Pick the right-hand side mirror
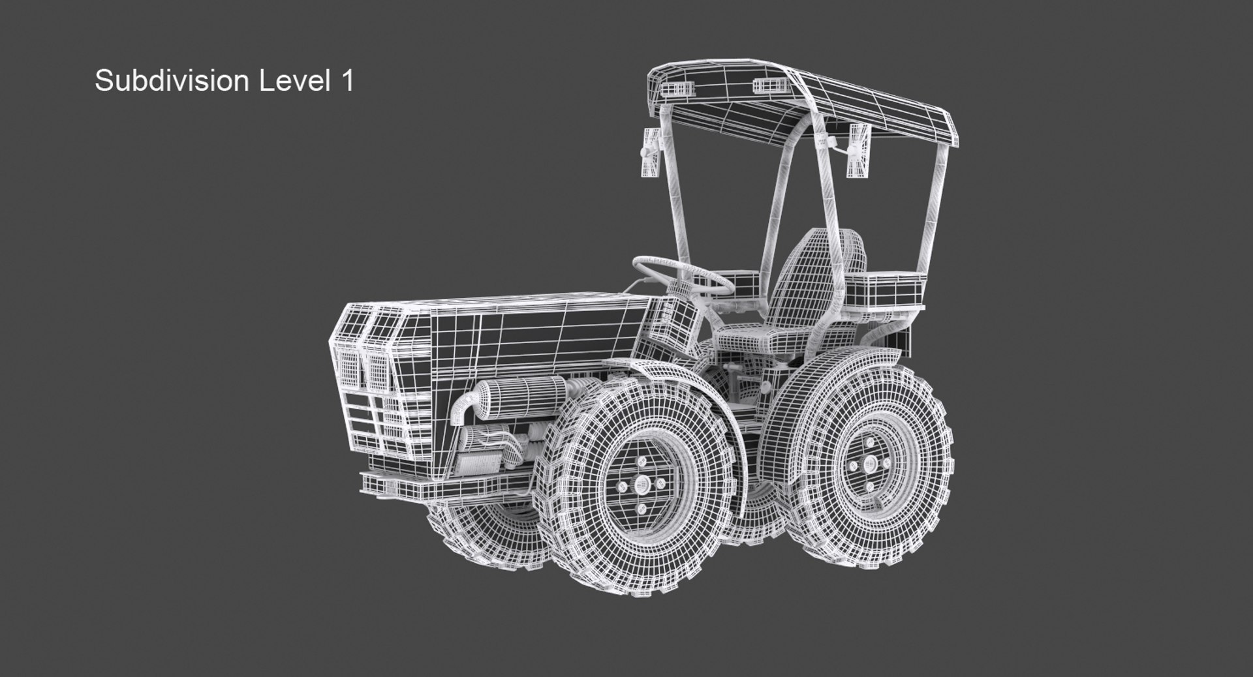click(859, 150)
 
